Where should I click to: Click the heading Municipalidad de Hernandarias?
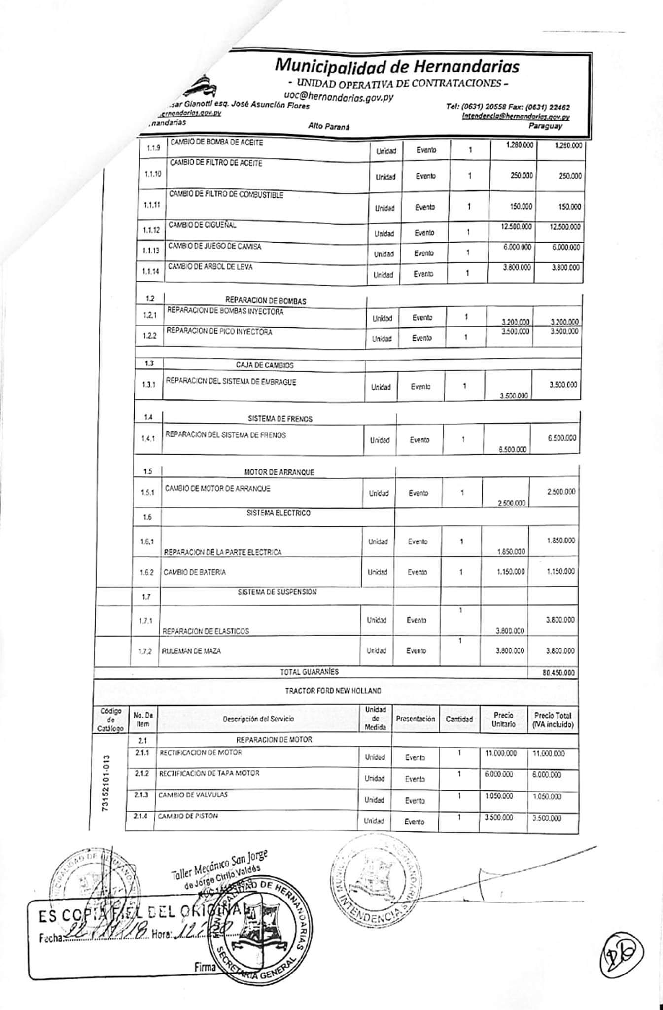[397, 66]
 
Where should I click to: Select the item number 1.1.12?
[151, 230]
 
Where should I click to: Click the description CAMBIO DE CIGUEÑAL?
[203, 225]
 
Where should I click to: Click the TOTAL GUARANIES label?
[309, 672]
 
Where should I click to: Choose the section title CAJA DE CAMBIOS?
[265, 365]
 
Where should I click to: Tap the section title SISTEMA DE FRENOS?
[280, 419]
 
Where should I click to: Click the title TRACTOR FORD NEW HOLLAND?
[333, 691]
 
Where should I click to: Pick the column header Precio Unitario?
[503, 720]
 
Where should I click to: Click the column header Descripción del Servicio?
[258, 719]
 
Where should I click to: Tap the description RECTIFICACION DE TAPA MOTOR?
[209, 774]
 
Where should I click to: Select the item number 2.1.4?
[141, 816]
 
